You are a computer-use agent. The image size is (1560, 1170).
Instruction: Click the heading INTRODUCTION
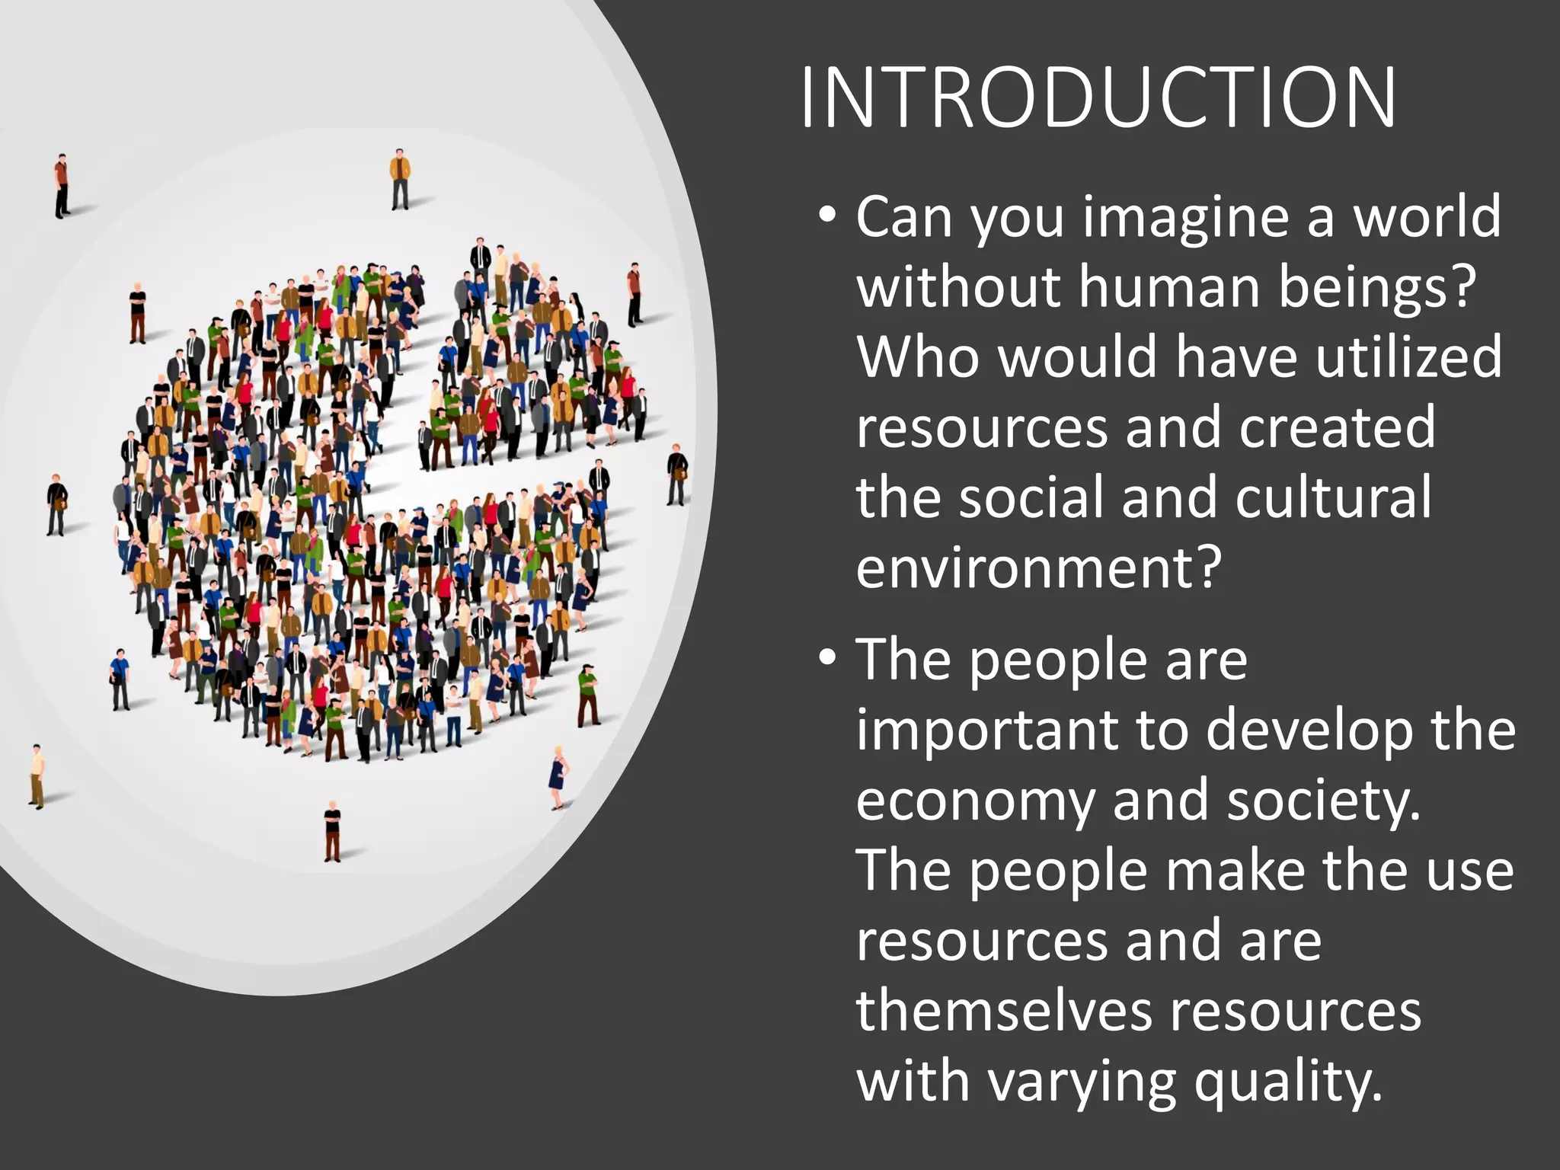click(x=1098, y=98)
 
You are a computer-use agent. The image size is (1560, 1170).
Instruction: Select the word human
click(x=1168, y=287)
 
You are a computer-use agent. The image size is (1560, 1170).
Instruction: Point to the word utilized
click(x=1408, y=356)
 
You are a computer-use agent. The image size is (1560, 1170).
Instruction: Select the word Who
click(x=918, y=356)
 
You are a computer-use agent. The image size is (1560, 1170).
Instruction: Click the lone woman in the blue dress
click(x=559, y=777)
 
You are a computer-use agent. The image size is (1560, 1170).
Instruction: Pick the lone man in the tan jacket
click(x=400, y=180)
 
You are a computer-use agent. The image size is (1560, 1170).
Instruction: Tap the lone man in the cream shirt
click(x=37, y=775)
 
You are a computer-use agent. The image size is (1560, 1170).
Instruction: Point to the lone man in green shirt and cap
click(x=588, y=695)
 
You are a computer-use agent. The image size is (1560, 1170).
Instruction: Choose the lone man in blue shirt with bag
click(x=119, y=679)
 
